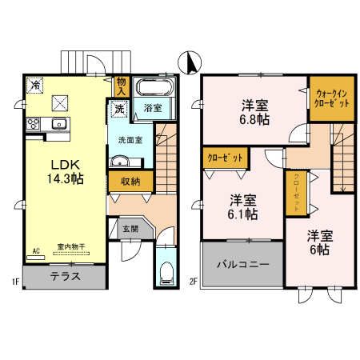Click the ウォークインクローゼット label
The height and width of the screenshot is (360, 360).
click(x=330, y=97)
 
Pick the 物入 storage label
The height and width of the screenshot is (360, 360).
click(x=121, y=85)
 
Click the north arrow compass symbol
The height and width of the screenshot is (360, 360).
click(x=189, y=61)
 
